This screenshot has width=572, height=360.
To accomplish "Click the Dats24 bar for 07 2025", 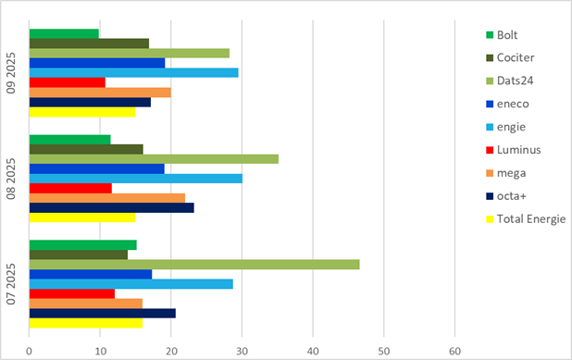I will click(194, 265).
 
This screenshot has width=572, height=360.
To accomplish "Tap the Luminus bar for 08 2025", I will click(70, 188).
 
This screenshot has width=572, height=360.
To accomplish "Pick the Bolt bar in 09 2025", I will click(64, 34).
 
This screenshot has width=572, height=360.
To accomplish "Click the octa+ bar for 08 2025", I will click(111, 208).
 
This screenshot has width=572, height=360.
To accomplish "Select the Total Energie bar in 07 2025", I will click(85, 323).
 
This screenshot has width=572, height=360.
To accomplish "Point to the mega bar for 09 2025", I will click(100, 93).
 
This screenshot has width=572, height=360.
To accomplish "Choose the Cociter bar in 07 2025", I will click(79, 254).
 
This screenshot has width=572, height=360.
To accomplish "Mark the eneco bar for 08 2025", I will click(97, 168).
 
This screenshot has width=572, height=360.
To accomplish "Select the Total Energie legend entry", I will click(531, 219).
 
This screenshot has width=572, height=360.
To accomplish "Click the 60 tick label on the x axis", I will click(455, 351).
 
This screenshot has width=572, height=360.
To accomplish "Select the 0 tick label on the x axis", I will click(30, 351).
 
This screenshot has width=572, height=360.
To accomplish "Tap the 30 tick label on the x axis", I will click(242, 351).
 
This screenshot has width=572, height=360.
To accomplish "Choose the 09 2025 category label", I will click(12, 73).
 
